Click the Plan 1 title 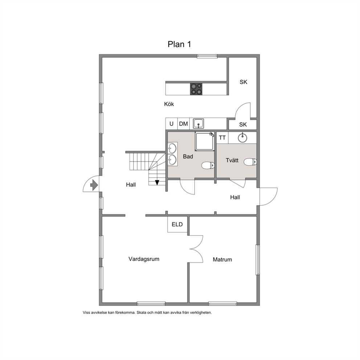pyautogui.click(x=179, y=44)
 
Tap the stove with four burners pyautogui.click(x=196, y=89)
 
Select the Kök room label pyautogui.click(x=169, y=104)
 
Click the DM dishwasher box pyautogui.click(x=183, y=124)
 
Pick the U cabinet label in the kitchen pyautogui.click(x=172, y=124)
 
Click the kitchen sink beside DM pyautogui.click(x=199, y=123)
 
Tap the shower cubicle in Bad pyautogui.click(x=205, y=141)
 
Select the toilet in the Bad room pyautogui.click(x=208, y=165)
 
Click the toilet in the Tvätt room pyautogui.click(x=250, y=162)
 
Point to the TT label pyautogui.click(x=222, y=138)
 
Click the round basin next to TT pyautogui.click(x=242, y=138)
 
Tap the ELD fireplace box pyautogui.click(x=177, y=224)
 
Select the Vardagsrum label pyautogui.click(x=144, y=259)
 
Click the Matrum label pyautogui.click(x=222, y=259)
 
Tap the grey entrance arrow pyautogui.click(x=94, y=185)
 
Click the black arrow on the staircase pyautogui.click(x=157, y=183)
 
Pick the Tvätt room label pyautogui.click(x=232, y=160)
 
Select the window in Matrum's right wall pyautogui.click(x=258, y=260)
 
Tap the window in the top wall pyautogui.click(x=207, y=56)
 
